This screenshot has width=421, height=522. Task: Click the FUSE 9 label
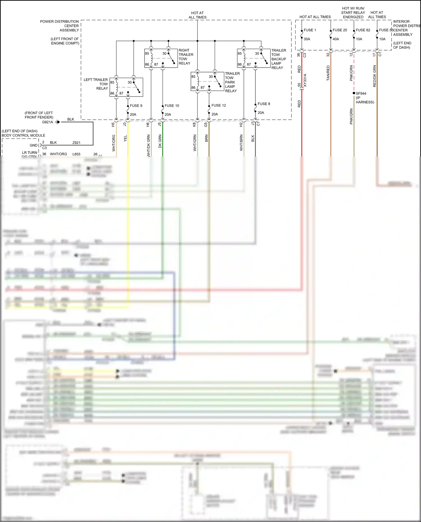tap(136, 106)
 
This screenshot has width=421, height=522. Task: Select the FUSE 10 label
tap(172, 106)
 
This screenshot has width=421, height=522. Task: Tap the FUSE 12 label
tap(219, 105)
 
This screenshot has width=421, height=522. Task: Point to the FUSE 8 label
tap(264, 104)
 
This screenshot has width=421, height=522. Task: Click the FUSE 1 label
tap(310, 30)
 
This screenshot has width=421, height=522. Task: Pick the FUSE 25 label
tap(340, 30)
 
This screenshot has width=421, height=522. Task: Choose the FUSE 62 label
tap(363, 30)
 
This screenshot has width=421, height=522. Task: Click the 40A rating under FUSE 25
tap(336, 39)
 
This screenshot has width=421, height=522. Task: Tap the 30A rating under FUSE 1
tap(307, 39)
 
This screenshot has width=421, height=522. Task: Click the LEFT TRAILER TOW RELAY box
tap(126, 87)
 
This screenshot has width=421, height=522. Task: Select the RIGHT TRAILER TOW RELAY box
tap(161, 58)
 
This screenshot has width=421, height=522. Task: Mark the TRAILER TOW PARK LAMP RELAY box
tap(207, 82)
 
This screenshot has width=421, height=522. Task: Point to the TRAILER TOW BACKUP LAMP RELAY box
tap(254, 58)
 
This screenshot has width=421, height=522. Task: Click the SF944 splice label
tap(361, 93)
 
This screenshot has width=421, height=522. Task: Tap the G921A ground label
tap(47, 122)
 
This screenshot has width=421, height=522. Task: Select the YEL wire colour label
tap(125, 138)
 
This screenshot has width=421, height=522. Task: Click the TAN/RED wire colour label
tap(328, 73)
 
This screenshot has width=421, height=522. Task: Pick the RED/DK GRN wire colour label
tap(374, 76)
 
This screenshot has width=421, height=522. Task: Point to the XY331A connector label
tap(305, 80)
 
